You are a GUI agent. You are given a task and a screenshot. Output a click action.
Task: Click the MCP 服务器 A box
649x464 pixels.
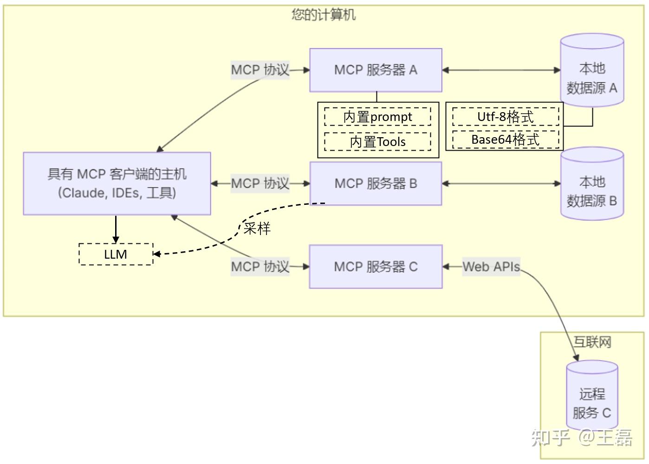click(x=376, y=70)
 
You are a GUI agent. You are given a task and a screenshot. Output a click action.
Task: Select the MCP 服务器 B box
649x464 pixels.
click(x=376, y=184)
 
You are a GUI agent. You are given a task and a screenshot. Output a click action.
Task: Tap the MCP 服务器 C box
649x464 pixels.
click(x=376, y=267)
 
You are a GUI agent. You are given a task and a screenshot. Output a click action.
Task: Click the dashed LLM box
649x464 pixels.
click(x=116, y=254)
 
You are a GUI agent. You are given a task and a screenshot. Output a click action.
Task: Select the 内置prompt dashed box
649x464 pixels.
click(x=377, y=117)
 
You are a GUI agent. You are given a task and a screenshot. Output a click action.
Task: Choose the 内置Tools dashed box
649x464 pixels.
click(x=377, y=142)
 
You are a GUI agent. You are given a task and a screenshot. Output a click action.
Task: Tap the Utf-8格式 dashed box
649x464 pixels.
click(x=506, y=117)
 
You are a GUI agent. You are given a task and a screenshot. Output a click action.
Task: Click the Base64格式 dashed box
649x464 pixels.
click(x=506, y=140)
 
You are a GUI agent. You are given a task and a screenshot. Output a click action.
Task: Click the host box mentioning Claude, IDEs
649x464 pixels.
click(x=117, y=184)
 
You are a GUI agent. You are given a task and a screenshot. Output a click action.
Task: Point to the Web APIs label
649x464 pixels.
click(x=491, y=267)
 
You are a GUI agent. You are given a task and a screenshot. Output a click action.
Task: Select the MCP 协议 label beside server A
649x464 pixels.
click(x=260, y=70)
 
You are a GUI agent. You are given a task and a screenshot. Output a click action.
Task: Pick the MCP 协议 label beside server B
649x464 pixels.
click(x=260, y=184)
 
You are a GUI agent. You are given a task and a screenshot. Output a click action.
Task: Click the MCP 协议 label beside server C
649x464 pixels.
click(x=260, y=267)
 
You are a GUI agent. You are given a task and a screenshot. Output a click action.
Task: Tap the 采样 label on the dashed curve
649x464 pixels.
click(x=257, y=228)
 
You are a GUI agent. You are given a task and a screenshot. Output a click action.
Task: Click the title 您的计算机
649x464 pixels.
click(x=324, y=15)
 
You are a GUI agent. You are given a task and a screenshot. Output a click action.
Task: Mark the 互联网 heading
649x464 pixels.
click(x=592, y=342)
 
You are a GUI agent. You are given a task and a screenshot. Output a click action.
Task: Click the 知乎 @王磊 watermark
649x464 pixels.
click(x=582, y=437)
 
